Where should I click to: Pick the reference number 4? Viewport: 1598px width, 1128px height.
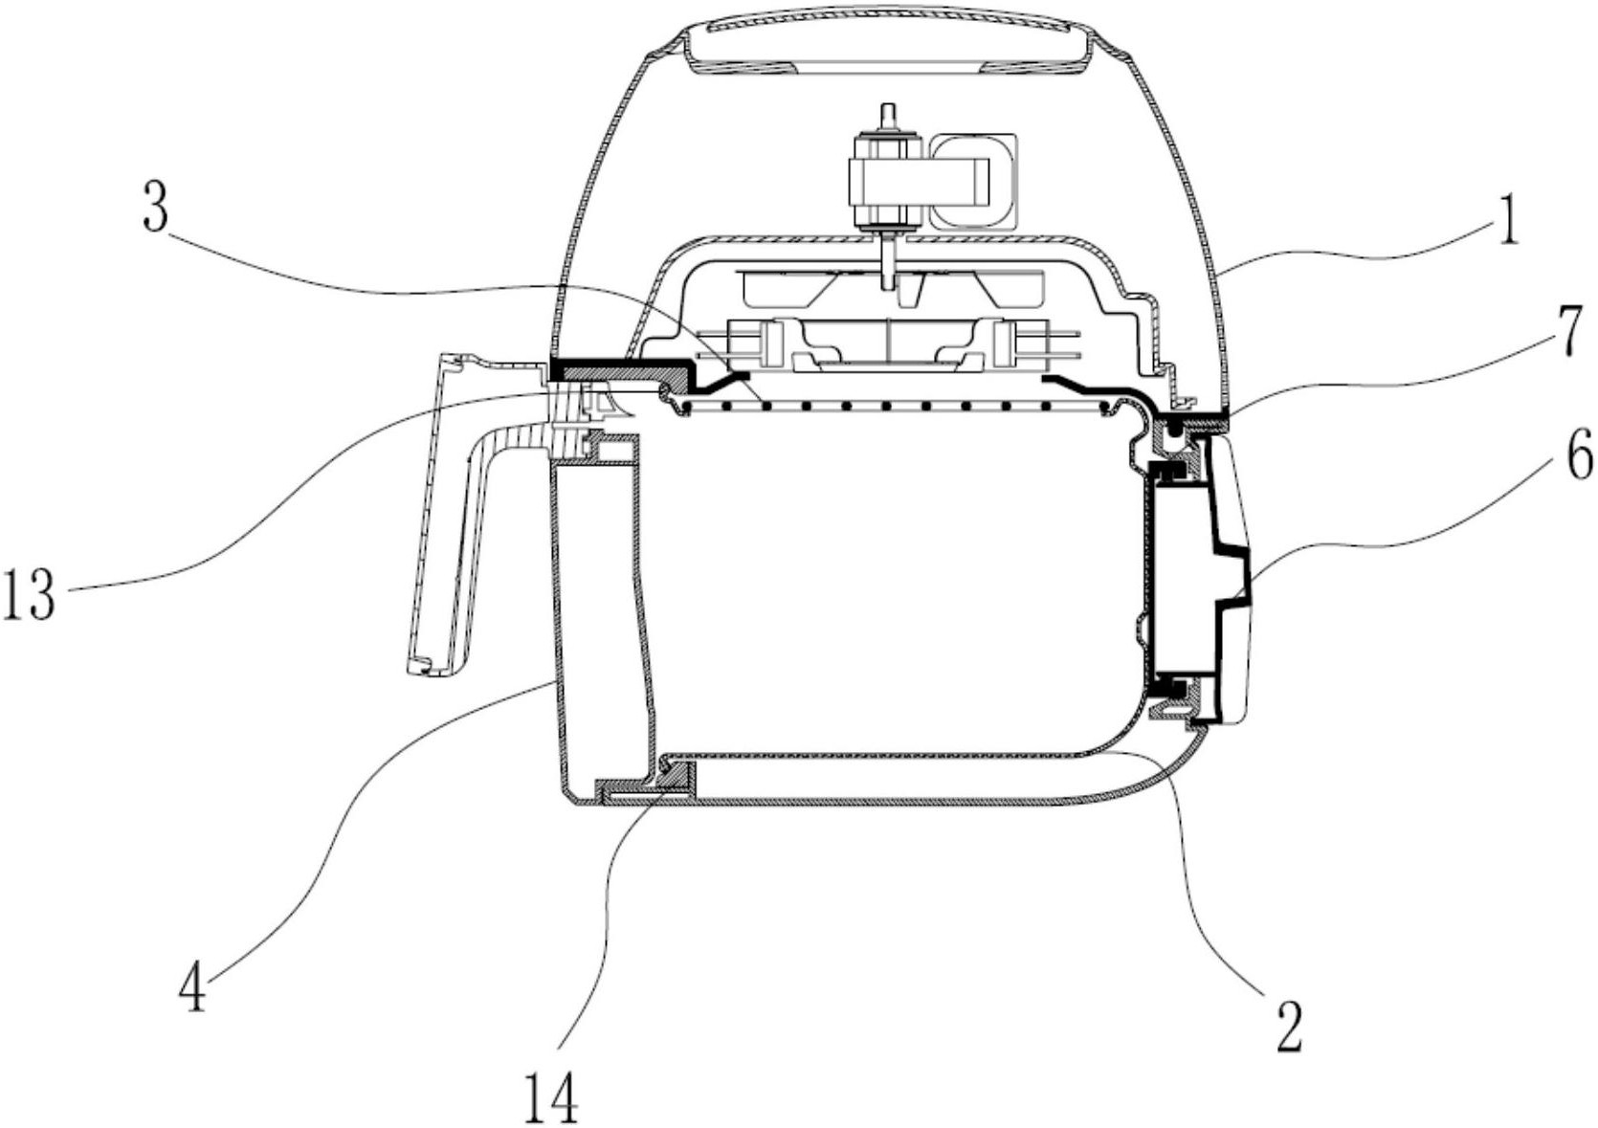point(192,990)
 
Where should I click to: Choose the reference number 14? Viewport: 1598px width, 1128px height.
point(551,1097)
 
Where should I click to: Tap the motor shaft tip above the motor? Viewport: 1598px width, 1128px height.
point(887,114)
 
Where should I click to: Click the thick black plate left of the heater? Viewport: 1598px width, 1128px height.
point(622,368)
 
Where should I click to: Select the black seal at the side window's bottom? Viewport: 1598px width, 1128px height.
point(1169,686)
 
